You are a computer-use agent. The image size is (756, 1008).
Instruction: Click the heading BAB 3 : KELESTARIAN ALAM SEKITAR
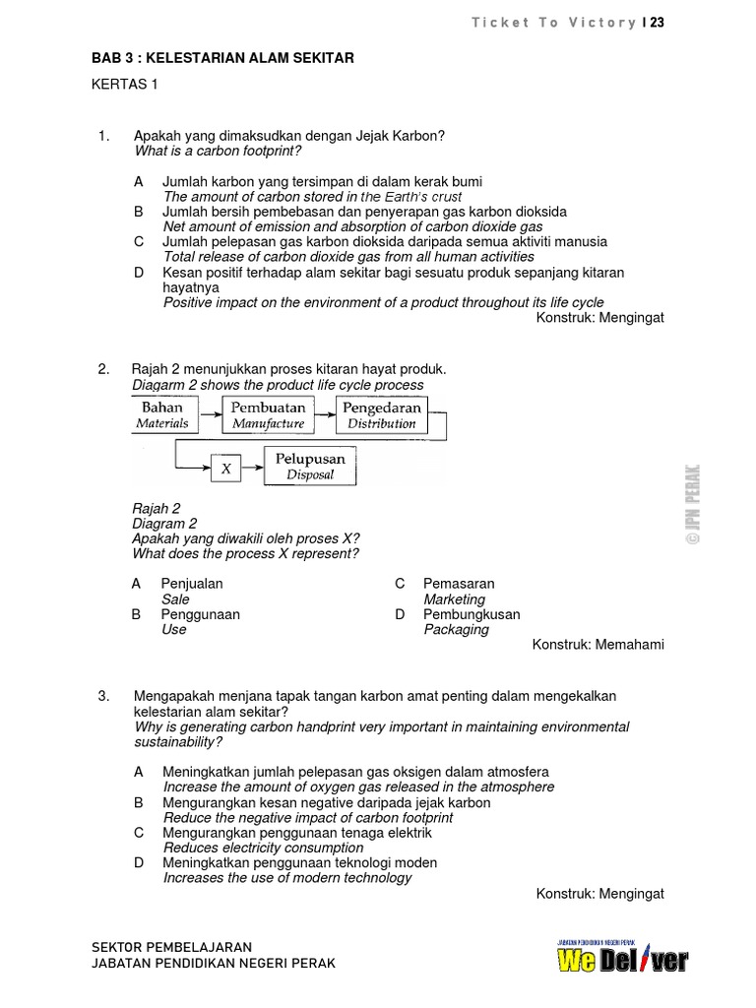point(222,59)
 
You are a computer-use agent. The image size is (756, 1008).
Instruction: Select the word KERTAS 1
point(125,85)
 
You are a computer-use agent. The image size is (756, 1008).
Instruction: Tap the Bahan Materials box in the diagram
point(162,414)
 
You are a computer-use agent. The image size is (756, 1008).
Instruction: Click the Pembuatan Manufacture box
point(269,414)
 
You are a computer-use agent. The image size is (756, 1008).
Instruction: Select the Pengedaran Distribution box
point(382,414)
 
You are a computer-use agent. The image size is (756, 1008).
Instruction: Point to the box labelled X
point(225,469)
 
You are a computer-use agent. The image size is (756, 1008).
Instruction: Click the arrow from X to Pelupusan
point(252,469)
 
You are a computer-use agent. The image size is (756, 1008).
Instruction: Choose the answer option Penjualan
point(192,584)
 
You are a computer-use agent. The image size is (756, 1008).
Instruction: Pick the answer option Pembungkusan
point(472,614)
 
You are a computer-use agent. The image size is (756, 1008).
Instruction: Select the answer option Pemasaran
point(459,584)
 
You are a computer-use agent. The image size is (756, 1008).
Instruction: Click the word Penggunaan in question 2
point(200,614)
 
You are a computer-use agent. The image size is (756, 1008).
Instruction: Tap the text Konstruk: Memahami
point(598,645)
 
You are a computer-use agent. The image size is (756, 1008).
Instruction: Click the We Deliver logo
point(622,958)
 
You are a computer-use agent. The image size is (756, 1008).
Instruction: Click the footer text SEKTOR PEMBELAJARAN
point(171,946)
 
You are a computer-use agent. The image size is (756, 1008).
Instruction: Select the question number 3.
point(103,696)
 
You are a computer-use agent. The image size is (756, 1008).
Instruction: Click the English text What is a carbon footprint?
point(218,151)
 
